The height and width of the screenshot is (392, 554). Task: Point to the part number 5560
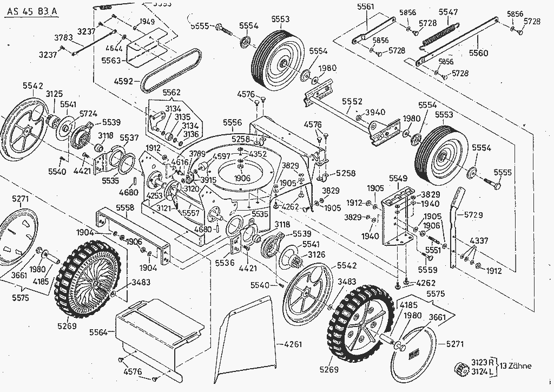pyautogui.click(x=478, y=53)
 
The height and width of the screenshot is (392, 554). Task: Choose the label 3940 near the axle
pyautogui.click(x=375, y=112)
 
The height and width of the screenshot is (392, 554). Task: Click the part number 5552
pyautogui.click(x=352, y=101)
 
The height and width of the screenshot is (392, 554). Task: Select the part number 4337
pyautogui.click(x=478, y=240)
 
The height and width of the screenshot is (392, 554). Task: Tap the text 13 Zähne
pyautogui.click(x=516, y=366)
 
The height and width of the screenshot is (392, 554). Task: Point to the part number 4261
pyautogui.click(x=292, y=344)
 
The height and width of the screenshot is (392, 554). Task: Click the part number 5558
pyautogui.click(x=124, y=208)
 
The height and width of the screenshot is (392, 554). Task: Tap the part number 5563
pyautogui.click(x=111, y=61)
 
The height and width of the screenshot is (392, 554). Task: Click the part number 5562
pyautogui.click(x=172, y=93)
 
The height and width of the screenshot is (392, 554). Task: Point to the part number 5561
pyautogui.click(x=366, y=6)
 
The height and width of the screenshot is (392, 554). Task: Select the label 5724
pyautogui.click(x=88, y=114)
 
